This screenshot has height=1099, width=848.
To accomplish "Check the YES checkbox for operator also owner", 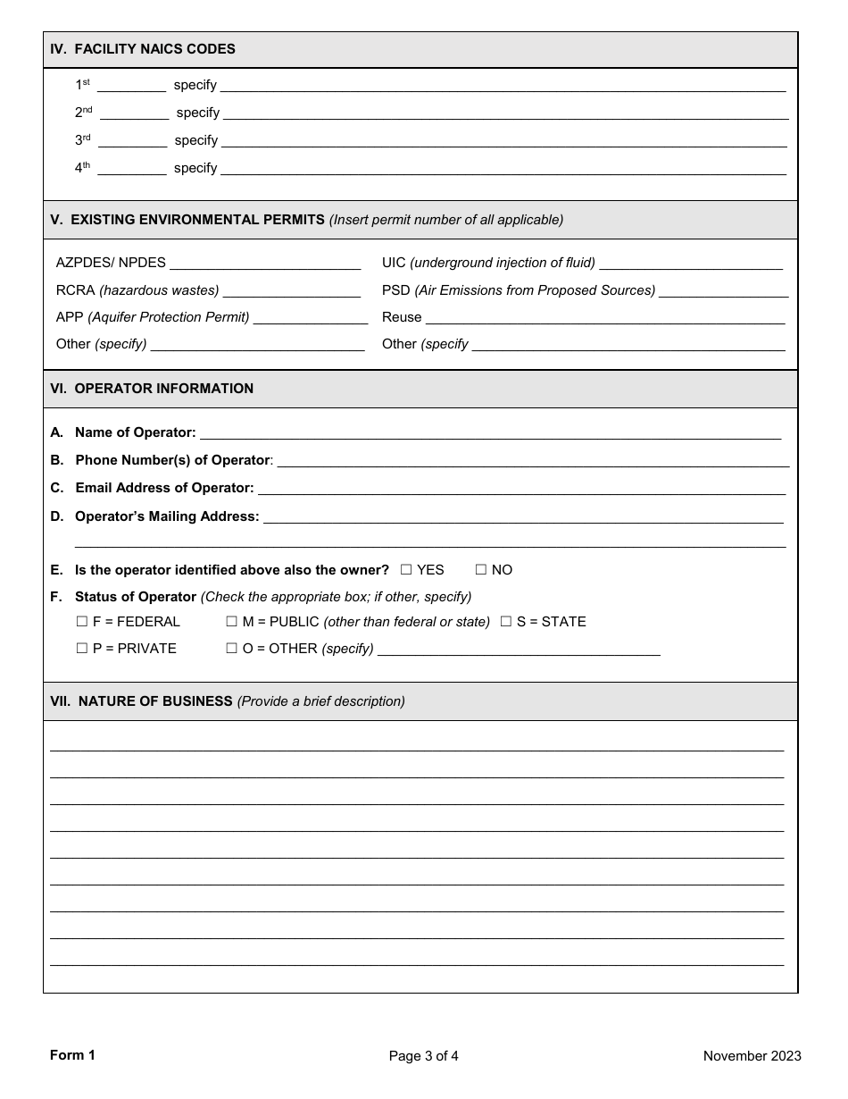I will click(406, 570).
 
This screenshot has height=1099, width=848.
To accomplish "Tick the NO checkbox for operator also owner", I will click(481, 570).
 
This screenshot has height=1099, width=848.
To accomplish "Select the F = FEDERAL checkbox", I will click(82, 622).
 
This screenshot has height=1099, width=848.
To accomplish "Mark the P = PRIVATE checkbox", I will click(82, 649).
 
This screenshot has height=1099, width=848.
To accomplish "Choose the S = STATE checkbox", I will click(506, 622).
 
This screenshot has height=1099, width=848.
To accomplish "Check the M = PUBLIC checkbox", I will click(232, 622).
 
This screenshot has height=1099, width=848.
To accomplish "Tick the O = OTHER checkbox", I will click(232, 649).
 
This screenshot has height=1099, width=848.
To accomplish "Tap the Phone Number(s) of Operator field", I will click(533, 461).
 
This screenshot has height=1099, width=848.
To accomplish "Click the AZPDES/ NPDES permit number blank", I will click(264, 264).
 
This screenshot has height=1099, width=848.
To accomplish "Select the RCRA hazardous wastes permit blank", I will click(291, 291).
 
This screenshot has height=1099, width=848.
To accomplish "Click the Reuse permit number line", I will click(604, 318).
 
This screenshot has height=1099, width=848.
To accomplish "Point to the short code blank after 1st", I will click(131, 86).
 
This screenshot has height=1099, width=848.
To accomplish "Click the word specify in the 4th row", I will click(195, 168).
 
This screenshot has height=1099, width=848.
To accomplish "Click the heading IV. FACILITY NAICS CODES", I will click(143, 49).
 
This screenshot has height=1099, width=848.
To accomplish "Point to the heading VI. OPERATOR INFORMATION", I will click(152, 389).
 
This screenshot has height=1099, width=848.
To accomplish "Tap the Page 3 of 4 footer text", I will click(423, 1056).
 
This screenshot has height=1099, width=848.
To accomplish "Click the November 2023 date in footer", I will click(752, 1056).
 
